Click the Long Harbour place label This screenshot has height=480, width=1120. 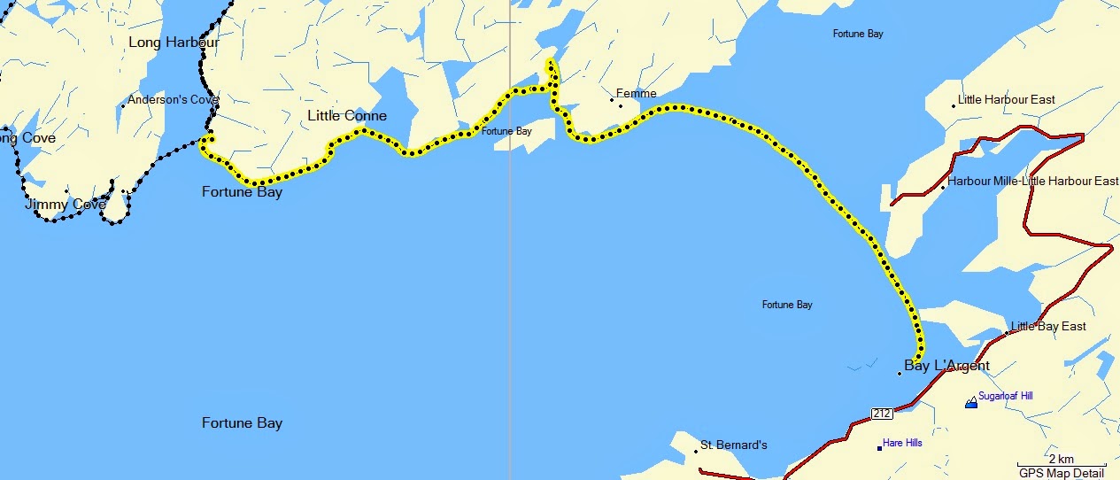[174, 43]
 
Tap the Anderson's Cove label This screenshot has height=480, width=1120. [173, 100]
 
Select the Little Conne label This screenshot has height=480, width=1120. [347, 116]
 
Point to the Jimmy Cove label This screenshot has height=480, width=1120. [66, 205]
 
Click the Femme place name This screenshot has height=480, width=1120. [637, 93]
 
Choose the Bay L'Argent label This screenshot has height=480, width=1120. [946, 366]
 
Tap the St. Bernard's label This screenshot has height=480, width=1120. [733, 445]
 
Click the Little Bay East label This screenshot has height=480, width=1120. [1048, 327]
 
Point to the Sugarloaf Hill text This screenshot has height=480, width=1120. [1005, 397]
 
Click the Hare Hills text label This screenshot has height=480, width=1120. [902, 443]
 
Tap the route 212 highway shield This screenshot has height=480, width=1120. [881, 414]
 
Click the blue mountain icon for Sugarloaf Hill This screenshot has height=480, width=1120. [971, 401]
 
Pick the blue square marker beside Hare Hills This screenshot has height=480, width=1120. [879, 448]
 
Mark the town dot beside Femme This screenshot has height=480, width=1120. [612, 100]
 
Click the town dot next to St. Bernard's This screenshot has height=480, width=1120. [696, 451]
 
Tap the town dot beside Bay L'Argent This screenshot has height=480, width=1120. [900, 374]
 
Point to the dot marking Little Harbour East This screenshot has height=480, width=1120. [954, 105]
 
